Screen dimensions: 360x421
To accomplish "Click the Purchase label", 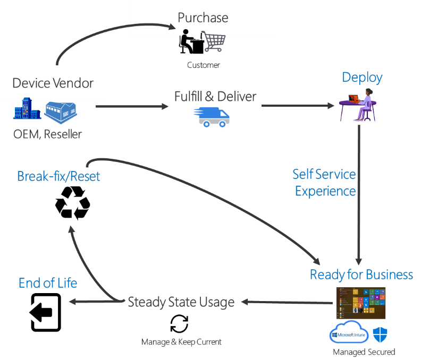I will (x=203, y=18).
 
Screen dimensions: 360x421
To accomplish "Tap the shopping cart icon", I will (x=213, y=41).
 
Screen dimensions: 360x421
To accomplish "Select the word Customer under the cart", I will (x=203, y=65).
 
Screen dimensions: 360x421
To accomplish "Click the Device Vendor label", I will (x=53, y=83).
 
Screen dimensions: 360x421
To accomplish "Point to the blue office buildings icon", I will (x=27, y=109).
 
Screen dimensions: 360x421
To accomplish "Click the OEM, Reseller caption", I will (x=47, y=134).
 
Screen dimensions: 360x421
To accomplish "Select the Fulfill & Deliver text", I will (x=215, y=97).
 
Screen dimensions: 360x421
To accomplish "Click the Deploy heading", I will (x=362, y=78).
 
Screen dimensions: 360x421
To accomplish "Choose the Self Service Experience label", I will (x=325, y=183).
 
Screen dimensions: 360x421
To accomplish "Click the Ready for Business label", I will (x=361, y=275).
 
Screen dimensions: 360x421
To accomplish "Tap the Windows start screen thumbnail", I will (x=361, y=303).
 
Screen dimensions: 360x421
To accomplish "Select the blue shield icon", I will (x=380, y=335).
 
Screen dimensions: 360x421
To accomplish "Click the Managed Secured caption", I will (x=364, y=352).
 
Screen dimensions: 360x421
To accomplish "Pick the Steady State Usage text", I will (x=181, y=302).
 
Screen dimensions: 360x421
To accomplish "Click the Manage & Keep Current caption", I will (x=181, y=342).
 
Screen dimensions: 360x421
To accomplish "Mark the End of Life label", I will (x=48, y=284).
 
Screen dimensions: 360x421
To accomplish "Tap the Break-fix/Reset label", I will (x=58, y=176).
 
